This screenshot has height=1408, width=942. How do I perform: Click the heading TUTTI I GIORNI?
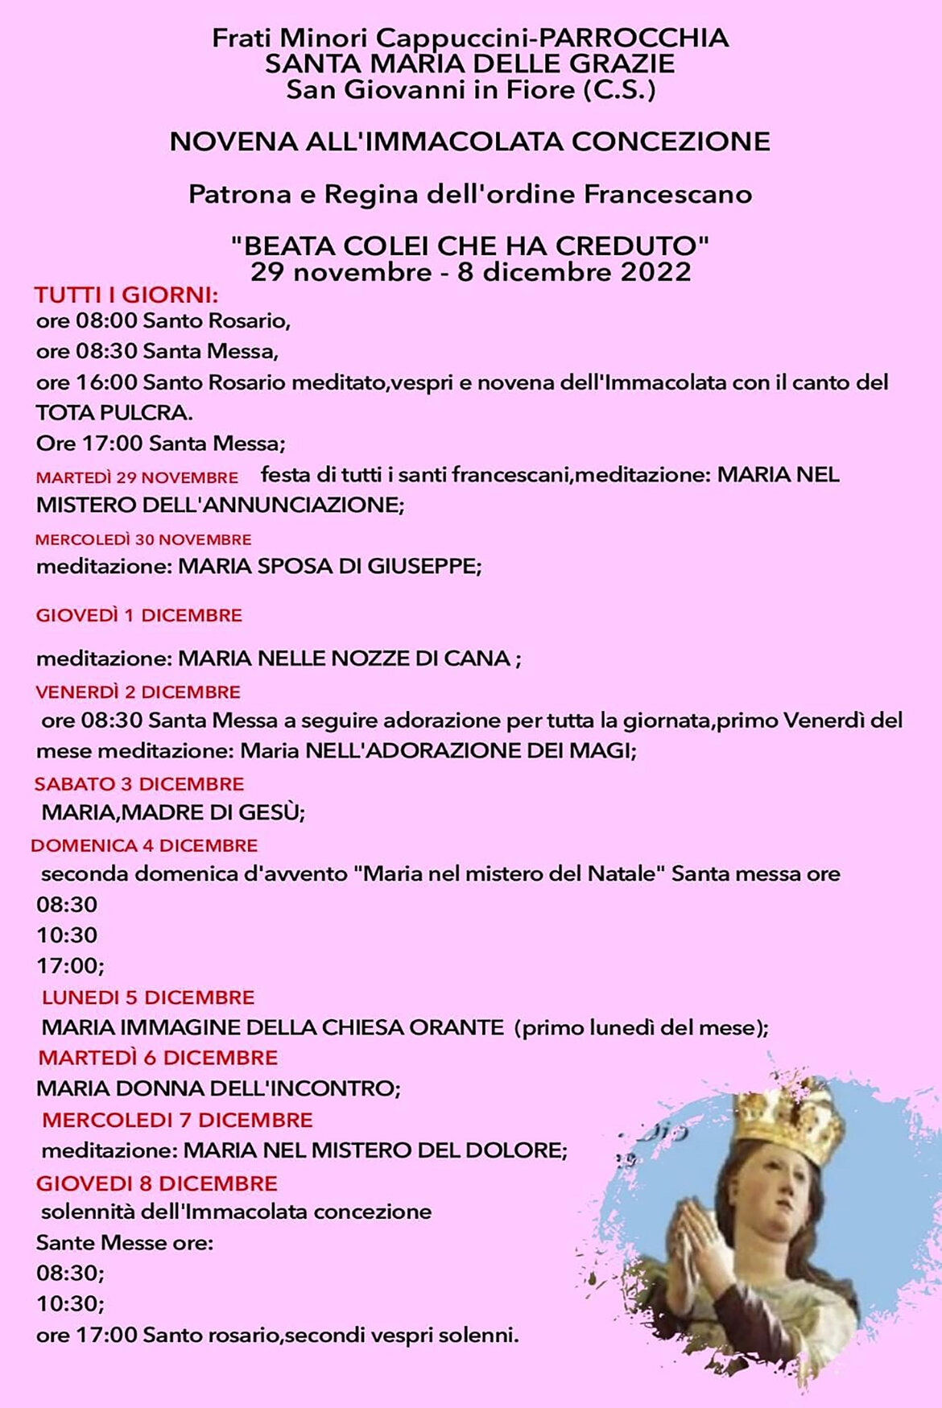126,295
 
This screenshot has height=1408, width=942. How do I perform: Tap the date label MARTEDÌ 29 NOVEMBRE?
137,477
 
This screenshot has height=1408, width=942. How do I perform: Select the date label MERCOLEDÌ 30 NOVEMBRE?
143,539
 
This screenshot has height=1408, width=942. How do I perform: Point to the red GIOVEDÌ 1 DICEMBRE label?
138,616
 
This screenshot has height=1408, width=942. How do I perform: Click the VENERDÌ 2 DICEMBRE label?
138,692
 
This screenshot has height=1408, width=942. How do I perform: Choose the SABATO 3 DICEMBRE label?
138,784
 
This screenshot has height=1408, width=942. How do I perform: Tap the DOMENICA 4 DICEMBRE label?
144,846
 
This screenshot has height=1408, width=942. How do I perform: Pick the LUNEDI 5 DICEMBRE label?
148,997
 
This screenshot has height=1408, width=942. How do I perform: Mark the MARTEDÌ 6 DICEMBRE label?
158,1058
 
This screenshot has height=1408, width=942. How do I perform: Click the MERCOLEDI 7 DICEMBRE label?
177,1120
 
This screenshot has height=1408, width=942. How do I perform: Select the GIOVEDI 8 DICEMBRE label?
156,1183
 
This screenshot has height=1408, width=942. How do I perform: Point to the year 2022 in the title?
655,272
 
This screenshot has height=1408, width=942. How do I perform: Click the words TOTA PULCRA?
114,413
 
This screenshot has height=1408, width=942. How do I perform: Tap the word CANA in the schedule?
481,659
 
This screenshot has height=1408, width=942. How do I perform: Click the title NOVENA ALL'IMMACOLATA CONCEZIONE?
470,142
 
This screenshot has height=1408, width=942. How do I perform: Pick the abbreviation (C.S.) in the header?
618,89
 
